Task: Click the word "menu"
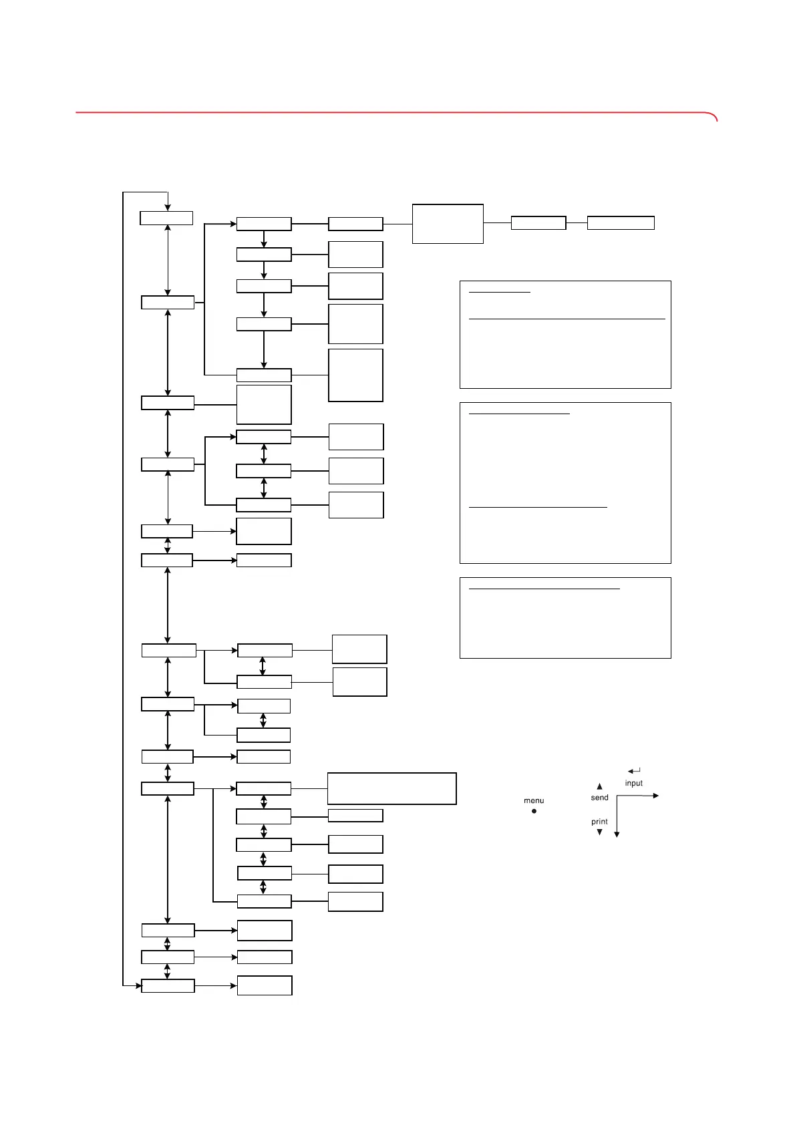tap(533, 800)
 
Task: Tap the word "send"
tap(599, 798)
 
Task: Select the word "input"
tap(633, 783)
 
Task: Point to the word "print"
tap(599, 822)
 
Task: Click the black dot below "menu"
tap(534, 811)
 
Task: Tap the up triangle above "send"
tap(599, 786)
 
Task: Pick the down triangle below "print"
tap(599, 832)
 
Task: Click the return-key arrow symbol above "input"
tap(634, 772)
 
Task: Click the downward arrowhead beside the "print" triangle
tap(617, 834)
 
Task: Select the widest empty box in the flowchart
tap(391, 788)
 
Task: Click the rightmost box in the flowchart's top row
tap(620, 223)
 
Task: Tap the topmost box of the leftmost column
tap(166, 218)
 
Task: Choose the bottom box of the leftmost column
tap(168, 985)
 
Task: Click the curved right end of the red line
tap(714, 117)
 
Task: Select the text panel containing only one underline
tap(565, 617)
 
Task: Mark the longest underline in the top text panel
tap(567, 319)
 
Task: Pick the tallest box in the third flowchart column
tap(355, 375)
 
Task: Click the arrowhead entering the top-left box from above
tap(168, 207)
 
